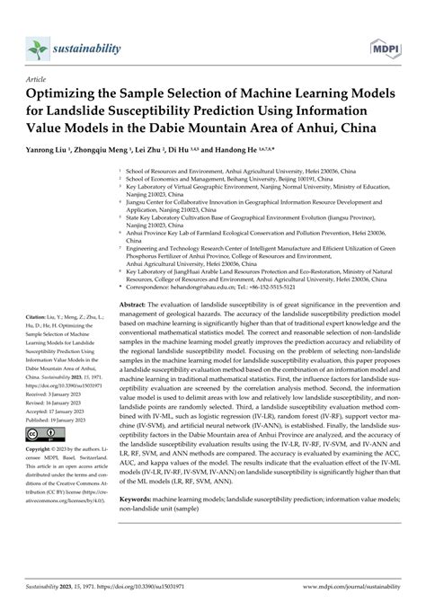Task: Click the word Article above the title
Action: [x=40, y=79]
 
